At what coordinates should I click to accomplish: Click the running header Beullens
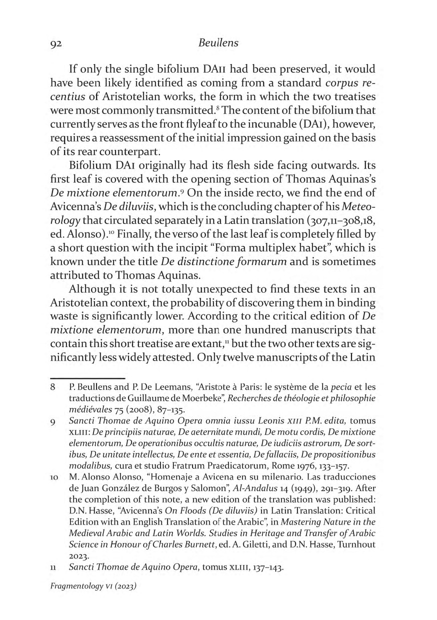click(x=218, y=43)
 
